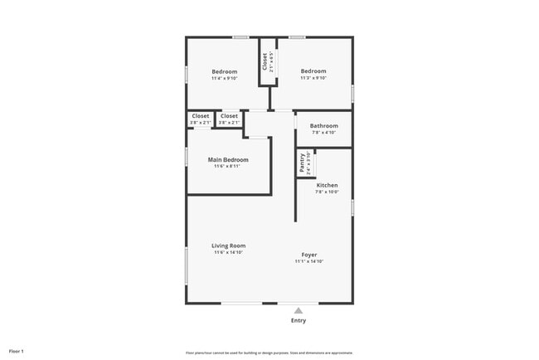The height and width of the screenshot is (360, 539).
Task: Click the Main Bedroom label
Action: coord(228,159)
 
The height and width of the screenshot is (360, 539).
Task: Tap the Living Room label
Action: coord(228,246)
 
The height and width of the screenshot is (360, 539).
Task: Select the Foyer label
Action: coord(308,255)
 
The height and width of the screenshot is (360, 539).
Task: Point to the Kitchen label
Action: coord(327,185)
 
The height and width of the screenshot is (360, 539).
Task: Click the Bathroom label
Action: coord(323,126)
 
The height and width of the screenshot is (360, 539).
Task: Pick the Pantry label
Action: coord(301,163)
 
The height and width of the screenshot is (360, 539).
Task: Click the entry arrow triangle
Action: coord(299,310)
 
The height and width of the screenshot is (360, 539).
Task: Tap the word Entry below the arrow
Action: coord(299,320)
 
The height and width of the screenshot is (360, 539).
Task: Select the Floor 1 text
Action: coord(17,351)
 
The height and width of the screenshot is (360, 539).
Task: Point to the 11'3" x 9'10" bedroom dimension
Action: coord(313,79)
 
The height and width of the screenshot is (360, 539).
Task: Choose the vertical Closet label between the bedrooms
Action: coord(265,62)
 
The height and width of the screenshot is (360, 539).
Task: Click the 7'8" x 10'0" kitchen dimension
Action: coord(327,192)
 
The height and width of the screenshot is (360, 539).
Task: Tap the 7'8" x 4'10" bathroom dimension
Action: coord(323,133)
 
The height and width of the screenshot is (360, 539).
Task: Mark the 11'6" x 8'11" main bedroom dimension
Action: coord(228,167)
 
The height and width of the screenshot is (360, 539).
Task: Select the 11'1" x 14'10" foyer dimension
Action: coord(308,261)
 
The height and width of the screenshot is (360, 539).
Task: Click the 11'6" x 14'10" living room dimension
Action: coord(228,252)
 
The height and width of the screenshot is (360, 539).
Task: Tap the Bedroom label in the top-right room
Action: coord(313,71)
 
